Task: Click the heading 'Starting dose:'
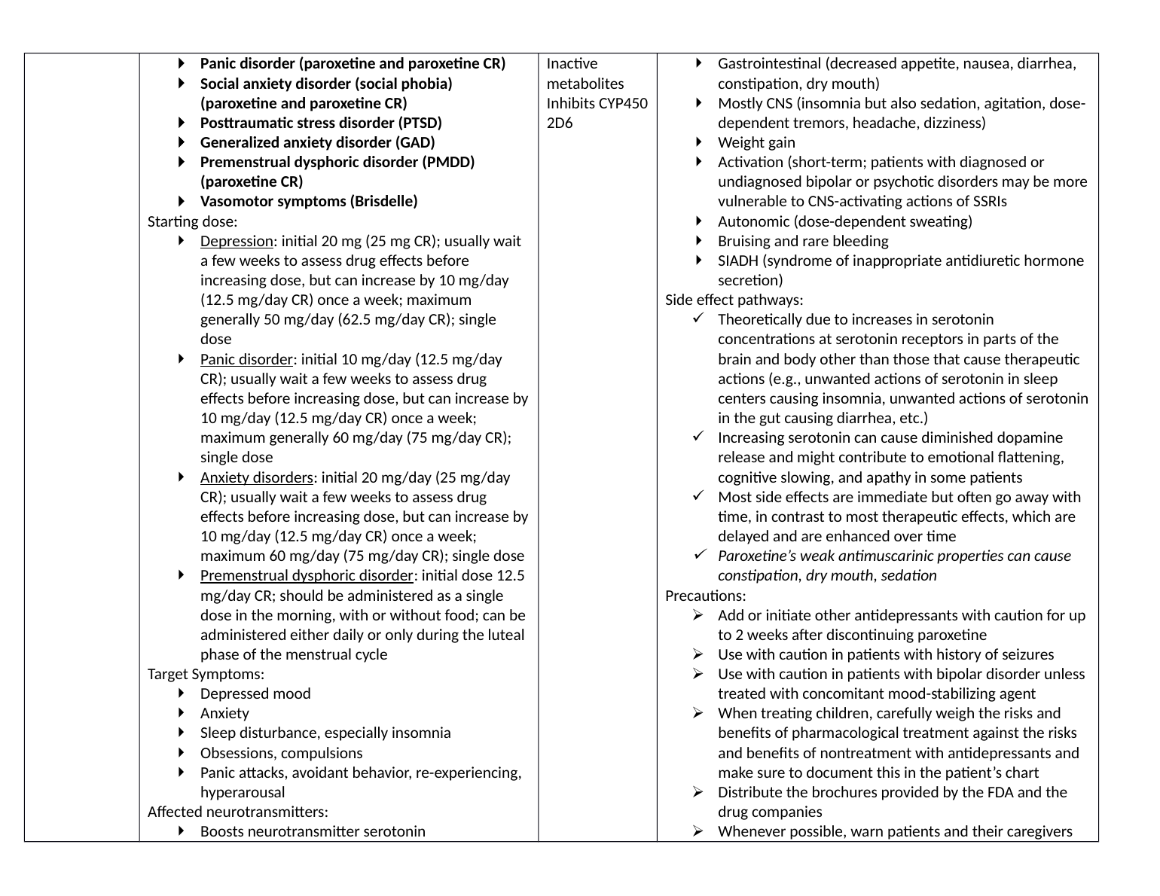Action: (x=192, y=221)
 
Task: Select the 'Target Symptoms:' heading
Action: (x=206, y=674)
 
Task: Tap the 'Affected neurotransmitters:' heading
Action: (x=237, y=812)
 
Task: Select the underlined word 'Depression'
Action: (x=237, y=241)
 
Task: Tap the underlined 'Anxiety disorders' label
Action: (x=256, y=477)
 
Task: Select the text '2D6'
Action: (x=559, y=123)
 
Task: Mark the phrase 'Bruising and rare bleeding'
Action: (x=803, y=241)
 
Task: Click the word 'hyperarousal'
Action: (x=243, y=792)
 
